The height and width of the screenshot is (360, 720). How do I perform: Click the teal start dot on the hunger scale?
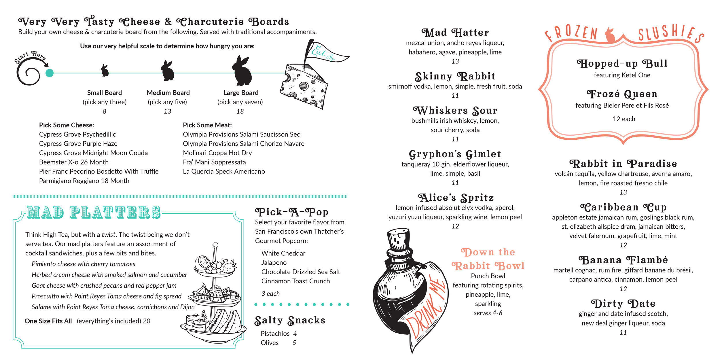pos(50,73)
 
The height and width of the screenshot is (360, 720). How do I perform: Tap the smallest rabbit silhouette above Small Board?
pos(105,71)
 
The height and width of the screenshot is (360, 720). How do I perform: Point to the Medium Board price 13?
pos(168,111)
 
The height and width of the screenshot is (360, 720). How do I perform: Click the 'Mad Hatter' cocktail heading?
pos(455,33)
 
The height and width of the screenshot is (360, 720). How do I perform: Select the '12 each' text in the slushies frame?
pos(624,119)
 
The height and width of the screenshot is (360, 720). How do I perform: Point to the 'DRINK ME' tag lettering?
pos(426,308)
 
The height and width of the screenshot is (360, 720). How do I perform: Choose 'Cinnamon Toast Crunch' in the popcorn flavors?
pos(295,281)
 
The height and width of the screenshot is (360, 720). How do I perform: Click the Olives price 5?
pos(294,343)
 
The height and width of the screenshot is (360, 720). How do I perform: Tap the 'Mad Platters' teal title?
pos(94,212)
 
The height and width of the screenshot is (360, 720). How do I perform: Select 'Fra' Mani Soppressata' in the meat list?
pos(214,162)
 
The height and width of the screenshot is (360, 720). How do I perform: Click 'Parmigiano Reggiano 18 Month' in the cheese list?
pos(84,181)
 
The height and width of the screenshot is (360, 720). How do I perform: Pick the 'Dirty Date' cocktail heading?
pos(623,304)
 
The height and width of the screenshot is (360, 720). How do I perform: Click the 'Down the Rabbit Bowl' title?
pos(488,259)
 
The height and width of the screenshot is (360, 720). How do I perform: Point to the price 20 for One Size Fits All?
pos(147,321)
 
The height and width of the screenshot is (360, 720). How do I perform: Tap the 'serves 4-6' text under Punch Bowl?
pos(488,313)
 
